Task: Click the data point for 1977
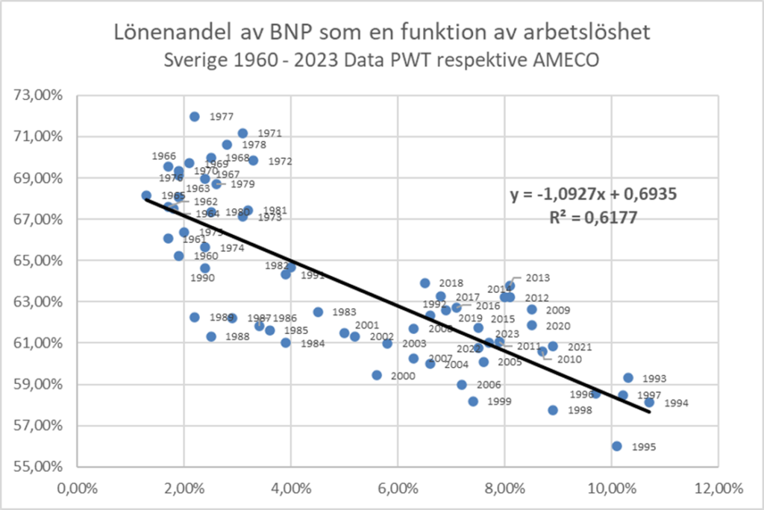click(194, 116)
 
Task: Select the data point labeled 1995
click(616, 446)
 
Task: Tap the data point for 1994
click(649, 403)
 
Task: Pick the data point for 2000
click(377, 375)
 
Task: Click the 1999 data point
click(473, 401)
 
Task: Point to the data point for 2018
click(425, 283)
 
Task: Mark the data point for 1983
click(318, 312)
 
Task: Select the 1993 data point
click(628, 378)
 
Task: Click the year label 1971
click(270, 133)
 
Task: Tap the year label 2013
click(537, 278)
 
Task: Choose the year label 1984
click(313, 344)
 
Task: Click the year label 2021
click(580, 347)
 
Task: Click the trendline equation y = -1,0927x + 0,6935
click(593, 195)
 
